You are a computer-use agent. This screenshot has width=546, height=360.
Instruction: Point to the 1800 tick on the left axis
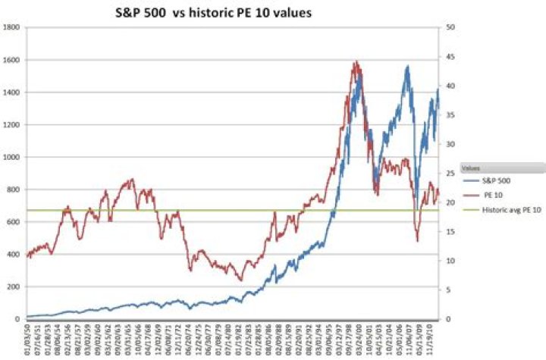pyautogui.click(x=11, y=27)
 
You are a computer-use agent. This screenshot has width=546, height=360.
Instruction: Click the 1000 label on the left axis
pyautogui.click(x=11, y=157)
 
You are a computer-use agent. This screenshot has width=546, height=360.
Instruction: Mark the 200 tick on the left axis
pyautogui.click(x=13, y=286)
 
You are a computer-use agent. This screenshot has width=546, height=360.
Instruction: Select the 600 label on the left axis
pyautogui.click(x=13, y=221)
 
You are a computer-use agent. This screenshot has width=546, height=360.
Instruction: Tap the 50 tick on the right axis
pyautogui.click(x=452, y=27)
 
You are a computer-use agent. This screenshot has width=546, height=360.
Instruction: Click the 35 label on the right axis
pyautogui.click(x=452, y=115)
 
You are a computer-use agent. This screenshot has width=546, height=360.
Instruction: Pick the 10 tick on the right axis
pyautogui.click(x=452, y=261)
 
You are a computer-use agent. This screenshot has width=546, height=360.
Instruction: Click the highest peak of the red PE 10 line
pyautogui.click(x=356, y=62)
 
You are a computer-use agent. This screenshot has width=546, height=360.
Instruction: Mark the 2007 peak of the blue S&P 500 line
pyautogui.click(x=408, y=66)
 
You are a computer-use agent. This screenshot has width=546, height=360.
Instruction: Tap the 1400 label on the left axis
pyautogui.click(x=11, y=92)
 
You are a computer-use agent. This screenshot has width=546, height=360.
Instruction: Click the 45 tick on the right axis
pyautogui.click(x=452, y=57)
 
